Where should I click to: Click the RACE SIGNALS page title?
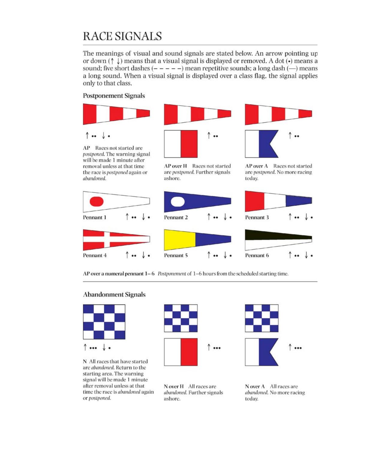[x=122, y=36]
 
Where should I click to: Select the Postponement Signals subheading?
[x=114, y=96]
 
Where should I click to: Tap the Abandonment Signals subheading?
[x=114, y=295]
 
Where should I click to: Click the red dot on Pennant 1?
[x=96, y=201]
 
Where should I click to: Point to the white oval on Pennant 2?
[x=178, y=202]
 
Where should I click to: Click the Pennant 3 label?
[x=257, y=217]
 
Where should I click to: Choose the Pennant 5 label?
[x=176, y=256]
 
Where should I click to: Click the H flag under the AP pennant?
[x=181, y=144]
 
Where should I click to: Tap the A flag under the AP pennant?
[x=261, y=144]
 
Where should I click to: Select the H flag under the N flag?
[x=181, y=352]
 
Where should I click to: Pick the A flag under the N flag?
[x=261, y=352]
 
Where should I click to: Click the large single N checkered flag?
[x=104, y=322]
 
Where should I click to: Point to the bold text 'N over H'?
[x=174, y=386]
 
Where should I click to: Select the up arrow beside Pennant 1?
[x=127, y=217]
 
